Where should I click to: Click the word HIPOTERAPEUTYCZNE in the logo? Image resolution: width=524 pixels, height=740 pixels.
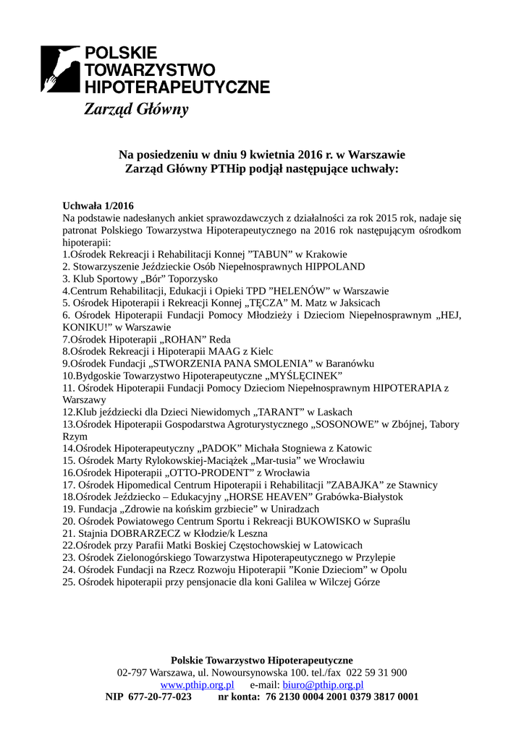[177, 87]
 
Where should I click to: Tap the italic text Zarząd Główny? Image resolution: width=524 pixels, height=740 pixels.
[136, 111]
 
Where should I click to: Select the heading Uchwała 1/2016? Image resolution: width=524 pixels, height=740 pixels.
[98, 205]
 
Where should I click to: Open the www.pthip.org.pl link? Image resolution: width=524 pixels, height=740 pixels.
[197, 684]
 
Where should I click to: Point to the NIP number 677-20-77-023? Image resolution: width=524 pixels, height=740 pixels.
[160, 697]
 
